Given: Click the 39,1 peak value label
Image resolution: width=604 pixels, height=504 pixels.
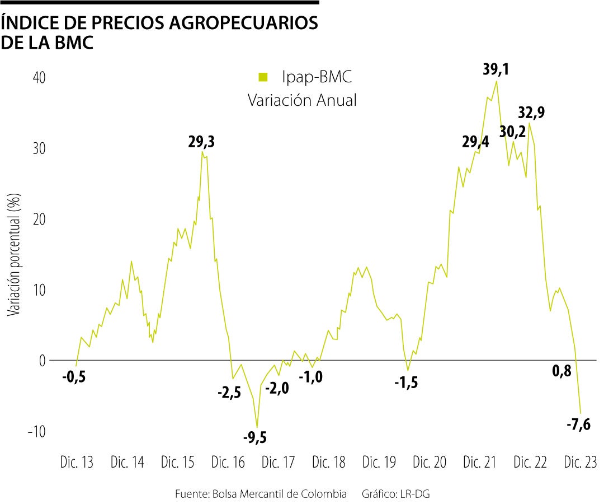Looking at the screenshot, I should [x=496, y=69].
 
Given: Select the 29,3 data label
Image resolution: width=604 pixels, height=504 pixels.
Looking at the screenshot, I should [x=201, y=143].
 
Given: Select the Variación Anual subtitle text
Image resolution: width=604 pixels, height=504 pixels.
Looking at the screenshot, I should [x=302, y=100].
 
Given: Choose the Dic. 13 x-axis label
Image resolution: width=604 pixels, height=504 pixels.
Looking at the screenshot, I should [x=77, y=463].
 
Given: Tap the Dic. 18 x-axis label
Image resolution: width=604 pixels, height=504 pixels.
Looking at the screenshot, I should [x=329, y=463].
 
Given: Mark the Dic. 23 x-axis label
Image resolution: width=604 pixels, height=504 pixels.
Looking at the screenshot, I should [x=580, y=463].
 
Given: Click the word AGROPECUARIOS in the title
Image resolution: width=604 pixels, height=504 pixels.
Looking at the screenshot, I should [x=235, y=24].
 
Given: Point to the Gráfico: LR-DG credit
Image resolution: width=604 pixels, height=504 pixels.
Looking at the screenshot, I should [x=398, y=494].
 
